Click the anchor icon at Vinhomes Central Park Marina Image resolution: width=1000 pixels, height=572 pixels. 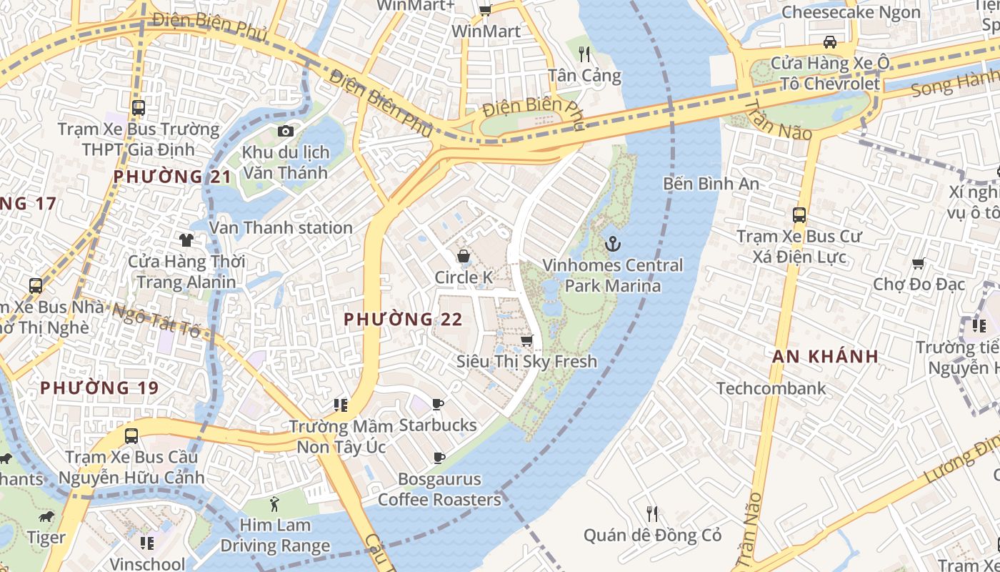point(611,245)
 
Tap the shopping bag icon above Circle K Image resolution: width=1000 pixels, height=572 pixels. point(464,256)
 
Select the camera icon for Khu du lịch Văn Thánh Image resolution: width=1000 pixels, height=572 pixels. point(285,131)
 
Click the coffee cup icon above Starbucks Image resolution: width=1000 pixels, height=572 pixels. point(438,405)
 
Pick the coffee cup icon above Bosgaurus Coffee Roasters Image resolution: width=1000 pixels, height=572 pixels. point(439,458)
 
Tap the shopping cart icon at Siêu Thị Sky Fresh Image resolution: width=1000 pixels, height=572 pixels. point(527,340)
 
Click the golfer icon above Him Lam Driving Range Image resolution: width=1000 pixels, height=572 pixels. point(274,504)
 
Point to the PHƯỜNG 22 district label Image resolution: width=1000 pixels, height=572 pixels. point(403,320)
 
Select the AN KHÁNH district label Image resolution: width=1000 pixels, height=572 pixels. point(825,357)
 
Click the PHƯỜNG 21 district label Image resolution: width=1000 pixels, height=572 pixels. point(172,177)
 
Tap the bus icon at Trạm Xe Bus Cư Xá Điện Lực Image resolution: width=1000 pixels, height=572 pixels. point(799,214)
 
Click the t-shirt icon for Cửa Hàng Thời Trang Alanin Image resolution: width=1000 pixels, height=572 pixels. point(186,240)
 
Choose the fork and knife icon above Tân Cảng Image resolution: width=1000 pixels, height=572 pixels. point(584,54)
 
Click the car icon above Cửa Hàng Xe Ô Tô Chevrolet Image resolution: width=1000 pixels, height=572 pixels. point(830,42)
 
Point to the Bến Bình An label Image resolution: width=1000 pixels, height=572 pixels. point(711,184)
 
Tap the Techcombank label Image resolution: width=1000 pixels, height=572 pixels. point(771,388)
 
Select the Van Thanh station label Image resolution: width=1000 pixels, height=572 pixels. point(281,228)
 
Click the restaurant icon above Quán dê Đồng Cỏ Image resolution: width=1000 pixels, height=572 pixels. point(651,513)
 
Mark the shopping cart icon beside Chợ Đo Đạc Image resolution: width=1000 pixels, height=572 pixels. point(919,263)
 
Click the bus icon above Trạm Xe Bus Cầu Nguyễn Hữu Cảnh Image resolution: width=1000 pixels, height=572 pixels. point(131,435)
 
